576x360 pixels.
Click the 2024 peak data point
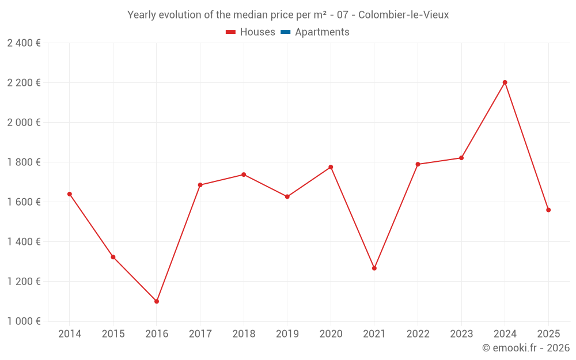505,82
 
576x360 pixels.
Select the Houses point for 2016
157,301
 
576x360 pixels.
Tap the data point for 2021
374,268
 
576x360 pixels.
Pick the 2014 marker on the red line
70,194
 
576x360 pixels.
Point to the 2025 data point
548,210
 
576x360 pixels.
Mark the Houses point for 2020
331,167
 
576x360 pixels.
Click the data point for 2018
244,175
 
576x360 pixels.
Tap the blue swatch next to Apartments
285,32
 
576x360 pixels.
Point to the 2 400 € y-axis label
24,43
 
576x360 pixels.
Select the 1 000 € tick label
24,321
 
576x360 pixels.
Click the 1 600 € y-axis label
24,202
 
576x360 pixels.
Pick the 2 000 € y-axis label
24,123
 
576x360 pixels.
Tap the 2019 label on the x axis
287,334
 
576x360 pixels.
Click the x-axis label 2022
418,334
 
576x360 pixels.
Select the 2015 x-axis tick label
113,334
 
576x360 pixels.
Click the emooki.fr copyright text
526,348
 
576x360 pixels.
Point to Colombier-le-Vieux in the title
403,15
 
